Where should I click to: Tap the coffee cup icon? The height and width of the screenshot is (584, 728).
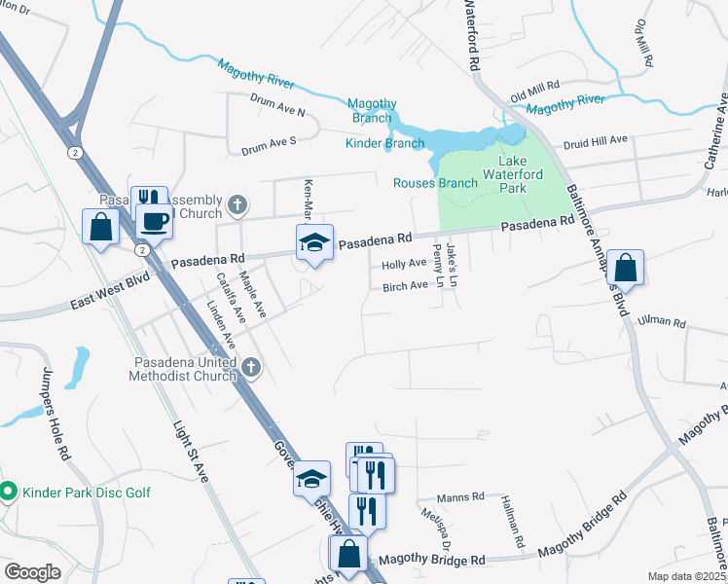tap(154, 222)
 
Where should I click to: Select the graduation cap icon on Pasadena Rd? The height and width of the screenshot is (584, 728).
tap(314, 242)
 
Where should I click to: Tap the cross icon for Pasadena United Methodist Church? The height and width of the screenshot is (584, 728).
tap(251, 366)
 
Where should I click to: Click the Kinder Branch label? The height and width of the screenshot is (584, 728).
tap(385, 144)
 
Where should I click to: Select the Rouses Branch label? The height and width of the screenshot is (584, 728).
tap(435, 183)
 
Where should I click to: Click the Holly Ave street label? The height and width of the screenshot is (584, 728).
tap(404, 264)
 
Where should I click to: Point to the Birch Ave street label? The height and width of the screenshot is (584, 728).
tap(405, 286)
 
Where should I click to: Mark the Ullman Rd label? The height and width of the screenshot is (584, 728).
tap(662, 322)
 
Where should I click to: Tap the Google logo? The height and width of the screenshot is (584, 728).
tap(32, 571)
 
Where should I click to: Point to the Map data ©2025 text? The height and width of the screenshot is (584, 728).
tap(685, 576)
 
